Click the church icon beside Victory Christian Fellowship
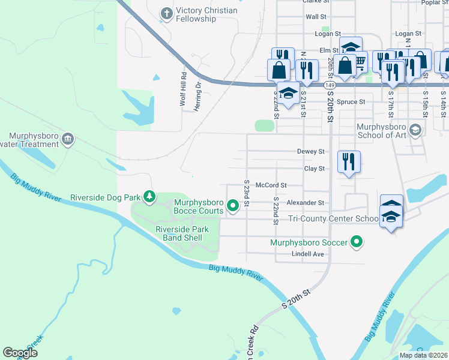pyautogui.click(x=166, y=13)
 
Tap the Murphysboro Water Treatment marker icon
pyautogui.click(x=68, y=139)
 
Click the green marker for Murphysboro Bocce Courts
pyautogui.click(x=234, y=206)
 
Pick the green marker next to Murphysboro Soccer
pyautogui.click(x=357, y=242)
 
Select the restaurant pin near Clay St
pyautogui.click(x=349, y=161)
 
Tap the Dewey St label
pyautogui.click(x=310, y=152)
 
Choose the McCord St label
pyautogui.click(x=271, y=186)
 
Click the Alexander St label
pyautogui.click(x=305, y=203)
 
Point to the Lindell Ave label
pyautogui.click(x=307, y=254)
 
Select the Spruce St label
pyautogui.click(x=351, y=102)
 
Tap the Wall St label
pyautogui.click(x=316, y=17)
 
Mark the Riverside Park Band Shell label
pyautogui.click(x=182, y=233)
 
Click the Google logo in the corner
pyautogui.click(x=20, y=352)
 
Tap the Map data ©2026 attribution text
pyautogui.click(x=423, y=355)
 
